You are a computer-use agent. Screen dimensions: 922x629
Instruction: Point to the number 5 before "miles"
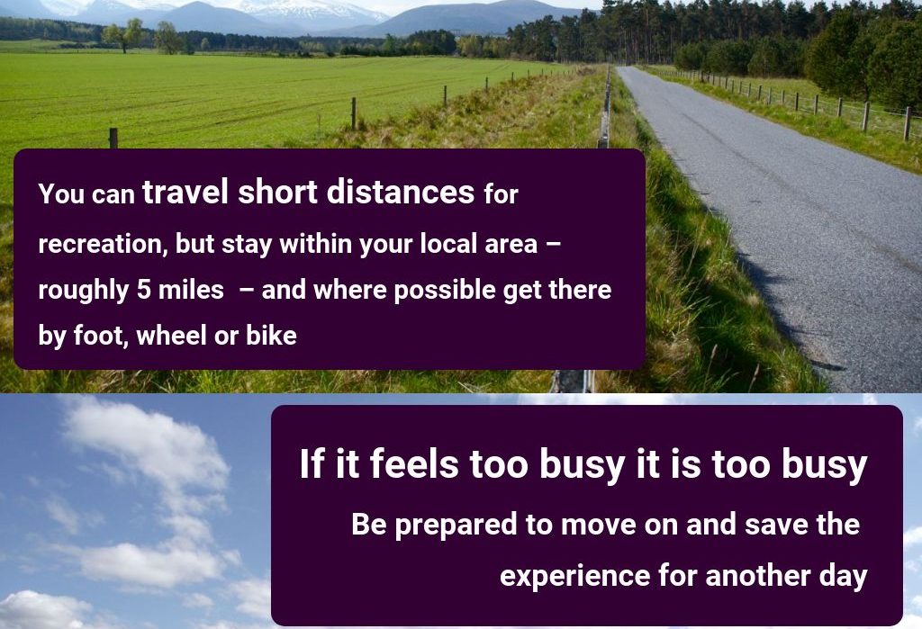(x=144, y=290)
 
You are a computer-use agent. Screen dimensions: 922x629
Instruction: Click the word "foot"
(x=99, y=336)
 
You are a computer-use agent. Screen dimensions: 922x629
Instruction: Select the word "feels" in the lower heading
(x=414, y=463)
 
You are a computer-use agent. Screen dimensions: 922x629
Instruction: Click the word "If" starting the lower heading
(x=312, y=463)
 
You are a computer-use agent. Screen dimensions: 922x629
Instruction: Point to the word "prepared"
(x=456, y=525)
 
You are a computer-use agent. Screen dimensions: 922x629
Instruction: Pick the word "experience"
(x=574, y=576)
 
